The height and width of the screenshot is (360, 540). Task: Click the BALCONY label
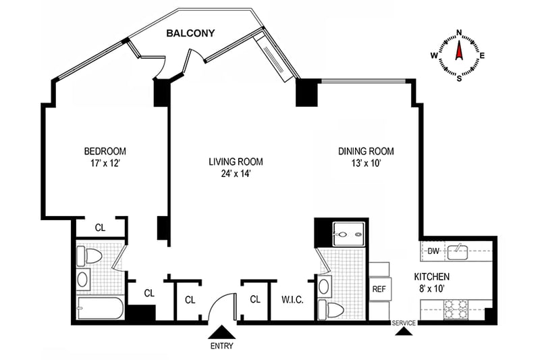pyautogui.click(x=192, y=32)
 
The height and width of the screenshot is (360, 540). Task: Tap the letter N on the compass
pyautogui.click(x=459, y=32)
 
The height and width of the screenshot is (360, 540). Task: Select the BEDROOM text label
pyautogui.click(x=105, y=151)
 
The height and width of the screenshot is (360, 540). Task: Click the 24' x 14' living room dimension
pyautogui.click(x=235, y=173)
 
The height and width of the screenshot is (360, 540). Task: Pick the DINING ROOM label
pyautogui.click(x=365, y=151)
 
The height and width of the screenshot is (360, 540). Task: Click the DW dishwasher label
pyautogui.click(x=433, y=251)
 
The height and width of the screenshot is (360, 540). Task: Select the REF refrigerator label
pyautogui.click(x=379, y=288)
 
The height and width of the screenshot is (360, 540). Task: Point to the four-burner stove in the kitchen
pyautogui.click(x=456, y=311)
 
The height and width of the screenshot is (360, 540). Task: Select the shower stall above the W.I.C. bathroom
pyautogui.click(x=349, y=234)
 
